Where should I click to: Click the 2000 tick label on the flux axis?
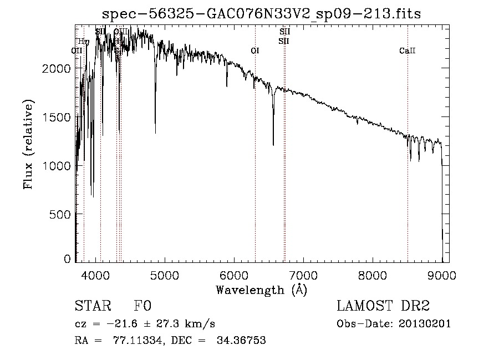[57, 68]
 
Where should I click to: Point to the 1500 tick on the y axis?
[57, 117]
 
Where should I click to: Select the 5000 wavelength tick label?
[165, 275]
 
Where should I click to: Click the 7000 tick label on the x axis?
[303, 275]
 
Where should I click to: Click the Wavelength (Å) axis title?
[261, 290]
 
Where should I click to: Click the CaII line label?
[407, 51]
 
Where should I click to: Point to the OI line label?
[255, 51]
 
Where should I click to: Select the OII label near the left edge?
[77, 51]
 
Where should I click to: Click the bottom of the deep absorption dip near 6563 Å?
[273, 144]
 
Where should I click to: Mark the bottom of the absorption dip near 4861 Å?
[155, 132]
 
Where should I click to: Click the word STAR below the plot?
[92, 306]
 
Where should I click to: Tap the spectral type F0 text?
[142, 306]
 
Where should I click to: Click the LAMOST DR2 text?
[383, 306]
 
